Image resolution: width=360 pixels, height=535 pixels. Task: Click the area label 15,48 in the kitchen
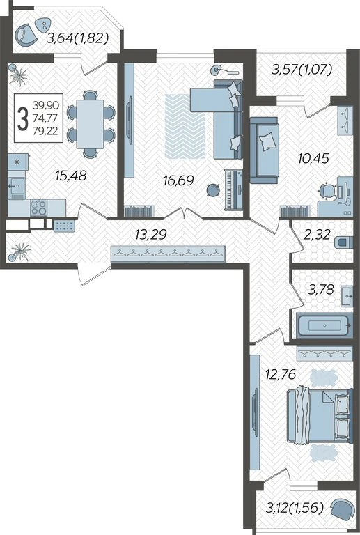coord(71,176)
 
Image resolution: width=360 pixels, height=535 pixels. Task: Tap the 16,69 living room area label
coord(179,180)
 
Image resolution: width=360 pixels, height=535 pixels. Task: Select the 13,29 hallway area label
coord(150,234)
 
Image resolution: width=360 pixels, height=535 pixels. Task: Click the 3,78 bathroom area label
coord(320,290)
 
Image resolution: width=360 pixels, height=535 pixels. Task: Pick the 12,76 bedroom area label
coord(281,374)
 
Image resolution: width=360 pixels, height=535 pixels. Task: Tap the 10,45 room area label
coord(313,158)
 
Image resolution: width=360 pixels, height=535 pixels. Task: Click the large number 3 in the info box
coord(23,118)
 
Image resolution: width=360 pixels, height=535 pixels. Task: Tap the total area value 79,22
coord(45,131)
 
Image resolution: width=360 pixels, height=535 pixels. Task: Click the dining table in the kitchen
coord(90,124)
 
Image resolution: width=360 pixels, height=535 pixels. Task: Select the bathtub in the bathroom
coord(324,325)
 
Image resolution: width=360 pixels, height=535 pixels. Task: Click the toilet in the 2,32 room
coord(343,242)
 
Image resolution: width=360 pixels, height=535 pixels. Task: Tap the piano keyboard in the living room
coord(233,189)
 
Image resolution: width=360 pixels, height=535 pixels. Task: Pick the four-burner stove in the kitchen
coord(38,208)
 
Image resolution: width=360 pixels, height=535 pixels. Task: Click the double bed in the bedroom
coord(320,416)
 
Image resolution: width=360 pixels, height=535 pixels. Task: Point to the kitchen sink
coord(17,187)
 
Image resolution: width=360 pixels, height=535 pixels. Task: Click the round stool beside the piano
coord(214,190)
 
